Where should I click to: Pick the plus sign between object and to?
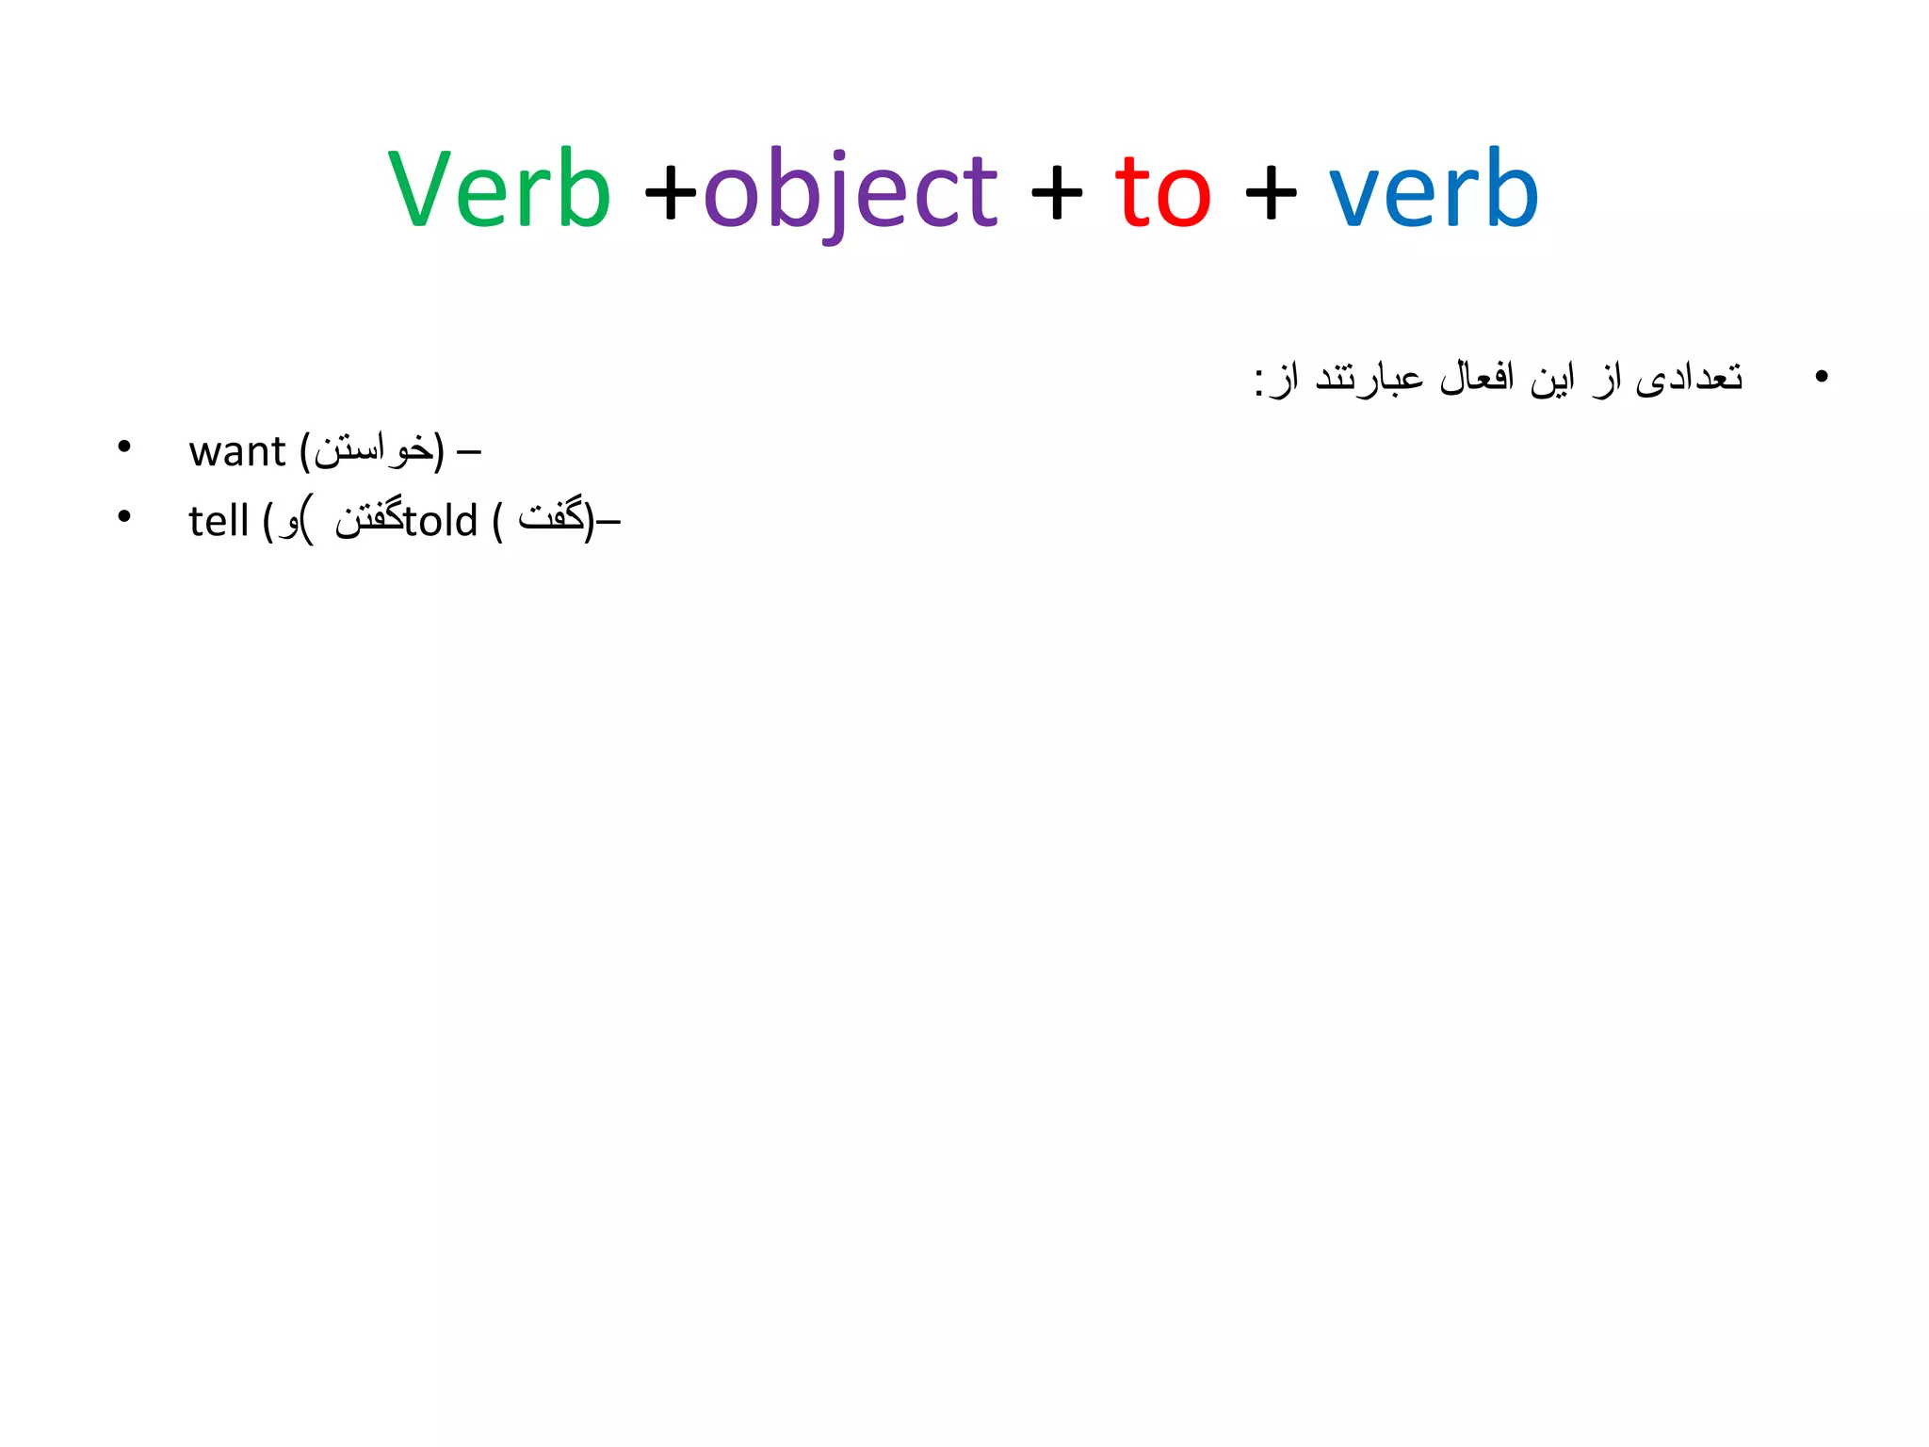(1056, 194)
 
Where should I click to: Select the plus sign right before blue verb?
(1271, 194)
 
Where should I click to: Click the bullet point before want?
(123, 447)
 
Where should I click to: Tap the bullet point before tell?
(123, 516)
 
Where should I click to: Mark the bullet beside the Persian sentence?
(1821, 377)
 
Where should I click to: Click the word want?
(236, 451)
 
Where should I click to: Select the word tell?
(218, 521)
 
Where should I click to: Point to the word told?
(441, 521)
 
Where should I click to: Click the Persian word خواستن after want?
(373, 450)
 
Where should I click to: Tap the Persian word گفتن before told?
(368, 519)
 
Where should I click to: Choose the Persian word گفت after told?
(551, 516)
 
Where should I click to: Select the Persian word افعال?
(1476, 378)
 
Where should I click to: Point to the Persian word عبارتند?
(1369, 378)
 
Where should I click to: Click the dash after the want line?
(468, 453)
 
